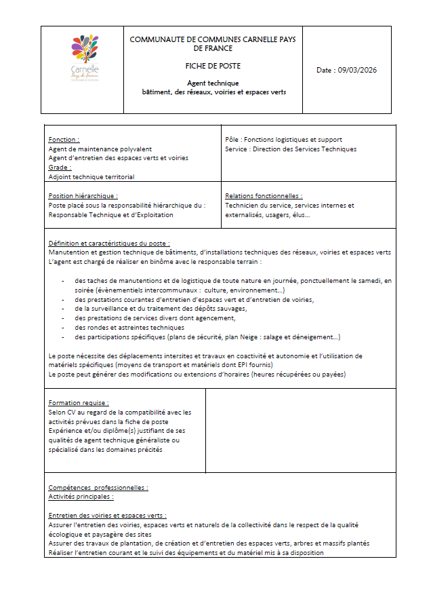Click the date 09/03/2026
(x=347, y=70)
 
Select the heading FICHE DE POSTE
(x=213, y=66)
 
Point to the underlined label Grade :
(x=60, y=167)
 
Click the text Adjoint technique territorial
(x=91, y=176)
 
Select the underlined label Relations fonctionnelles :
(x=264, y=195)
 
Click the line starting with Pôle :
(x=283, y=140)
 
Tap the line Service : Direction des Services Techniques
(x=290, y=149)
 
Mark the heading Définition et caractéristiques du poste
(x=108, y=243)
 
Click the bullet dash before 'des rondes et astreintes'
(x=63, y=327)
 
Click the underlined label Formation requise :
(x=79, y=402)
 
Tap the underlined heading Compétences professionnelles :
(x=98, y=487)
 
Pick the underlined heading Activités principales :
(x=81, y=497)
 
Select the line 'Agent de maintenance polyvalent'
(x=100, y=149)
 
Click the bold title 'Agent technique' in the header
(x=213, y=83)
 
